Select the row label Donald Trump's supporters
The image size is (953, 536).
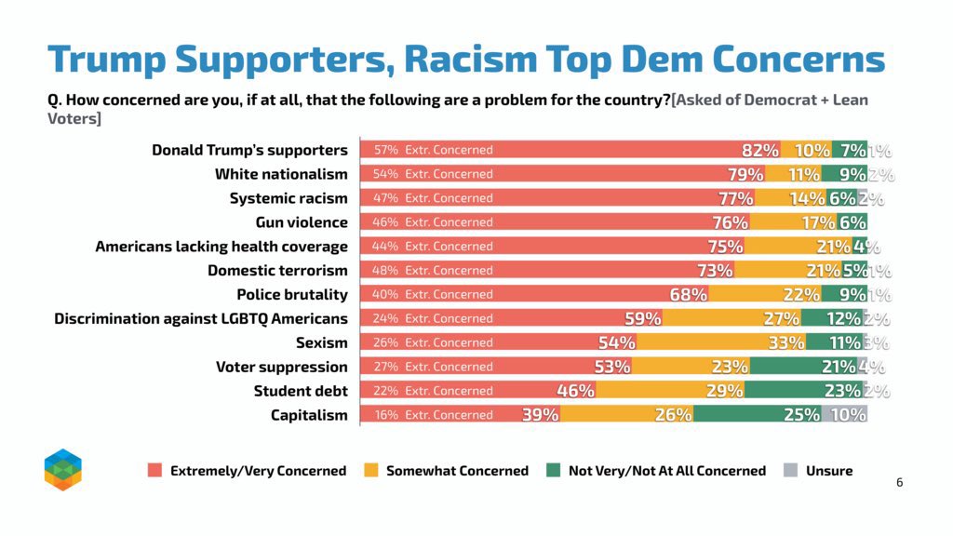click(249, 150)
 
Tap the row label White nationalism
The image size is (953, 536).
click(281, 174)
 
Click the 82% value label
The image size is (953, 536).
click(759, 151)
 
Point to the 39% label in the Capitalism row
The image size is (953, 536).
click(540, 416)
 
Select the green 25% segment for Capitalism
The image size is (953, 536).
click(758, 415)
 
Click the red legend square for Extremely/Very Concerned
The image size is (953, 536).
click(155, 471)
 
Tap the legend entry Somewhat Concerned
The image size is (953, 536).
click(457, 471)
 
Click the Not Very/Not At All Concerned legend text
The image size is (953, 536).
click(666, 471)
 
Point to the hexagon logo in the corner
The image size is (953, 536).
click(63, 469)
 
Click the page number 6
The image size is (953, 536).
click(899, 482)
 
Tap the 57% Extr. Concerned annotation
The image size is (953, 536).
click(433, 150)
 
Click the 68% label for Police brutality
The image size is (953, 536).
click(689, 295)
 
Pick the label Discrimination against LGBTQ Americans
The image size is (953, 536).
click(201, 318)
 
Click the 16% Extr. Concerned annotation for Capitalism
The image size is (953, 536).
click(433, 415)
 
